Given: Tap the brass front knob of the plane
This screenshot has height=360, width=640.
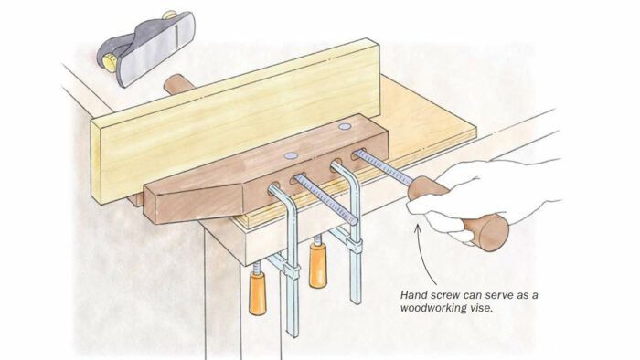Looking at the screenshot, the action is pyautogui.click(x=111, y=62).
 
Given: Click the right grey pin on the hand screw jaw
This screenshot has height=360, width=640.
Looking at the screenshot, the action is pyautogui.click(x=344, y=126).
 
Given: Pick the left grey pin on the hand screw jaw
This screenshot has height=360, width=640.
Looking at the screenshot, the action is pyautogui.click(x=291, y=155).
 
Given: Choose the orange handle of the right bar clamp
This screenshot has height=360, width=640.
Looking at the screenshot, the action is pyautogui.click(x=317, y=265).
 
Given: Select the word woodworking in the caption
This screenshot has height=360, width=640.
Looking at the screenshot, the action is pyautogui.click(x=431, y=308).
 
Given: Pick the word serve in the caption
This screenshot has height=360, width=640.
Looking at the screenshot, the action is pyautogui.click(x=496, y=295).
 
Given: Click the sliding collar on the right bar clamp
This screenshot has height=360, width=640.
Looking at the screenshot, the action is pyautogui.click(x=355, y=246).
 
